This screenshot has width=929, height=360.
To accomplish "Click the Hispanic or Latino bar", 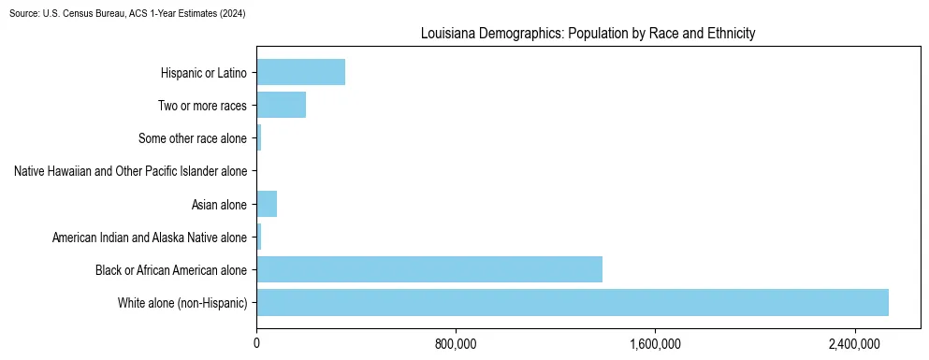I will point(300,72).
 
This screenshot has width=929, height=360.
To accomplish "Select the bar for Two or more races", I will point(281,105).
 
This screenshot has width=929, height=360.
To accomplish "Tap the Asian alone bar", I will point(267,204).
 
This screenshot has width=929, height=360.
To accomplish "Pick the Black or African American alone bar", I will point(428,269).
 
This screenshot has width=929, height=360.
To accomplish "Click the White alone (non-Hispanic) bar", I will point(572,302).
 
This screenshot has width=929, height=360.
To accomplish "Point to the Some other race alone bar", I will point(259,138).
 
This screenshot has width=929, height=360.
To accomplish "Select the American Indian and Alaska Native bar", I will point(259,237).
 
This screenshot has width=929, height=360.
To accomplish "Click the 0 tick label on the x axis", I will point(256,344).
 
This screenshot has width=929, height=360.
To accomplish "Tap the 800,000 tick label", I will point(456,344).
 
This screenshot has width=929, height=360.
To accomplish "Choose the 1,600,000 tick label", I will point(655,344).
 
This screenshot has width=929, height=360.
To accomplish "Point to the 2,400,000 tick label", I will point(855,344).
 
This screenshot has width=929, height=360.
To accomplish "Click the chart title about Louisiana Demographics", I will point(588,34).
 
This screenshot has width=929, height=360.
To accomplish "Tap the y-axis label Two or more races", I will point(202,106).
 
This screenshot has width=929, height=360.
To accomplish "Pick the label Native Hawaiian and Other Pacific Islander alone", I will point(131,171).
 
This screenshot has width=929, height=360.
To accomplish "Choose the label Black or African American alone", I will point(171,270).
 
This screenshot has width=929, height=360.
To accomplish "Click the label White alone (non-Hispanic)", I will point(182,303).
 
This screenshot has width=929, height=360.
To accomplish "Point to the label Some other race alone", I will point(193,138).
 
